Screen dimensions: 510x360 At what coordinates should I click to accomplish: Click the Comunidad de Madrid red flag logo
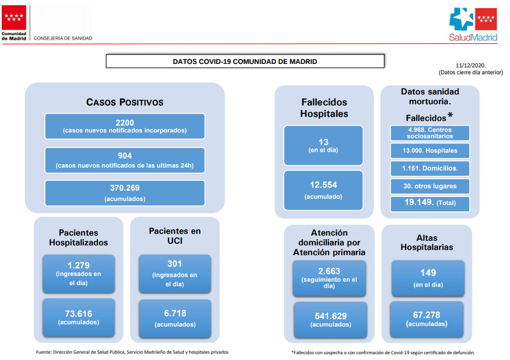coord(14,17)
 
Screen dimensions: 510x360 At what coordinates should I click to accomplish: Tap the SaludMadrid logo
coord(473,24)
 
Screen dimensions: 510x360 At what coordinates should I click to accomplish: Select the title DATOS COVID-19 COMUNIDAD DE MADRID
coord(245,62)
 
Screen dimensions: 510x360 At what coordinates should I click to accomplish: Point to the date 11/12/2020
coord(470,65)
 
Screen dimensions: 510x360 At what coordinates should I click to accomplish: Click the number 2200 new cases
coord(125,123)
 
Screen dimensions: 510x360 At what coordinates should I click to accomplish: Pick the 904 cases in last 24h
coord(125,156)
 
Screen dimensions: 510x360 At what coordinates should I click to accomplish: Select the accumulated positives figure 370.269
coord(125,188)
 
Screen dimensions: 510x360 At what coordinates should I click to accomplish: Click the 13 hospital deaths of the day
coord(323,142)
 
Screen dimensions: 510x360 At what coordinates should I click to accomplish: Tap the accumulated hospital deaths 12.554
coord(323,185)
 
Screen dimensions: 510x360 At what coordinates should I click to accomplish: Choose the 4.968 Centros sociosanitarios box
coord(430,133)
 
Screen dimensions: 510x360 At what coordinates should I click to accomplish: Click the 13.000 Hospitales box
coord(430,150)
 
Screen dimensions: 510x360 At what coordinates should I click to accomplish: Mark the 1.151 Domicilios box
coord(430,168)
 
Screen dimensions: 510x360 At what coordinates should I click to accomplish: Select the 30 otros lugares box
coord(430,187)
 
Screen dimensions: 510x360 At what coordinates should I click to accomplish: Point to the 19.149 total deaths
coord(419,202)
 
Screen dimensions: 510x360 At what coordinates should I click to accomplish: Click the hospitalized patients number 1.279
coord(78,266)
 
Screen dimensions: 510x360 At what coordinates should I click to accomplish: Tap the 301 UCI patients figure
coord(175,264)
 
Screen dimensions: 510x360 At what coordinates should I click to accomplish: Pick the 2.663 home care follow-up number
coord(329,271)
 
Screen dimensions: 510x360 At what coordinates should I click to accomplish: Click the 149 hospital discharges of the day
coord(428,272)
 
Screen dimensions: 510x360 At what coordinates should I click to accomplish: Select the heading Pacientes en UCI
coord(175,236)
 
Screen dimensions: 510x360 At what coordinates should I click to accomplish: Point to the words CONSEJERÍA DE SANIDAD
coord(63,39)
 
